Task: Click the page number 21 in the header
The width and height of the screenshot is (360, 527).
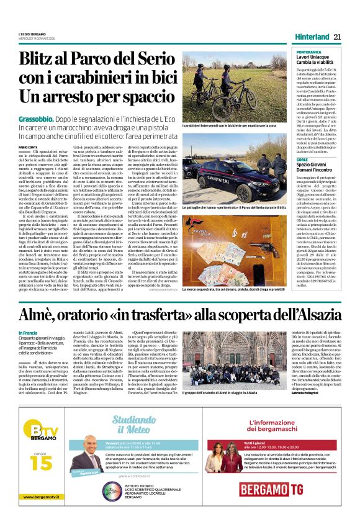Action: coord(337,37)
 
